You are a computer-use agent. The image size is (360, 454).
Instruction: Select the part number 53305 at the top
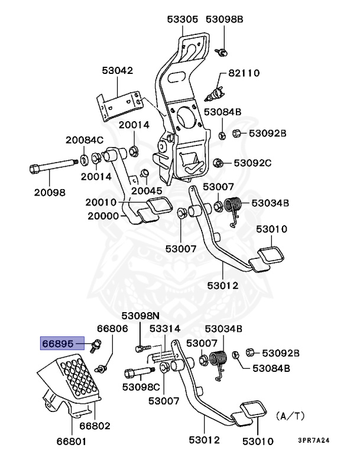(181, 20)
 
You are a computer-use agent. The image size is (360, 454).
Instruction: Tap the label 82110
(244, 73)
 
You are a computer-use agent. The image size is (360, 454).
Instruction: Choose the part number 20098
(49, 192)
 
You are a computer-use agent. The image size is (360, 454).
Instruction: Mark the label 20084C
(84, 140)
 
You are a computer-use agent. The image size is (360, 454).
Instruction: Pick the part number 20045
(147, 190)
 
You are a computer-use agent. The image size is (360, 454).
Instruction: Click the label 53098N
(141, 316)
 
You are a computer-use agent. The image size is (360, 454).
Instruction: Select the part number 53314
(165, 329)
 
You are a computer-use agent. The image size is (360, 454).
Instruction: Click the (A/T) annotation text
(290, 416)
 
